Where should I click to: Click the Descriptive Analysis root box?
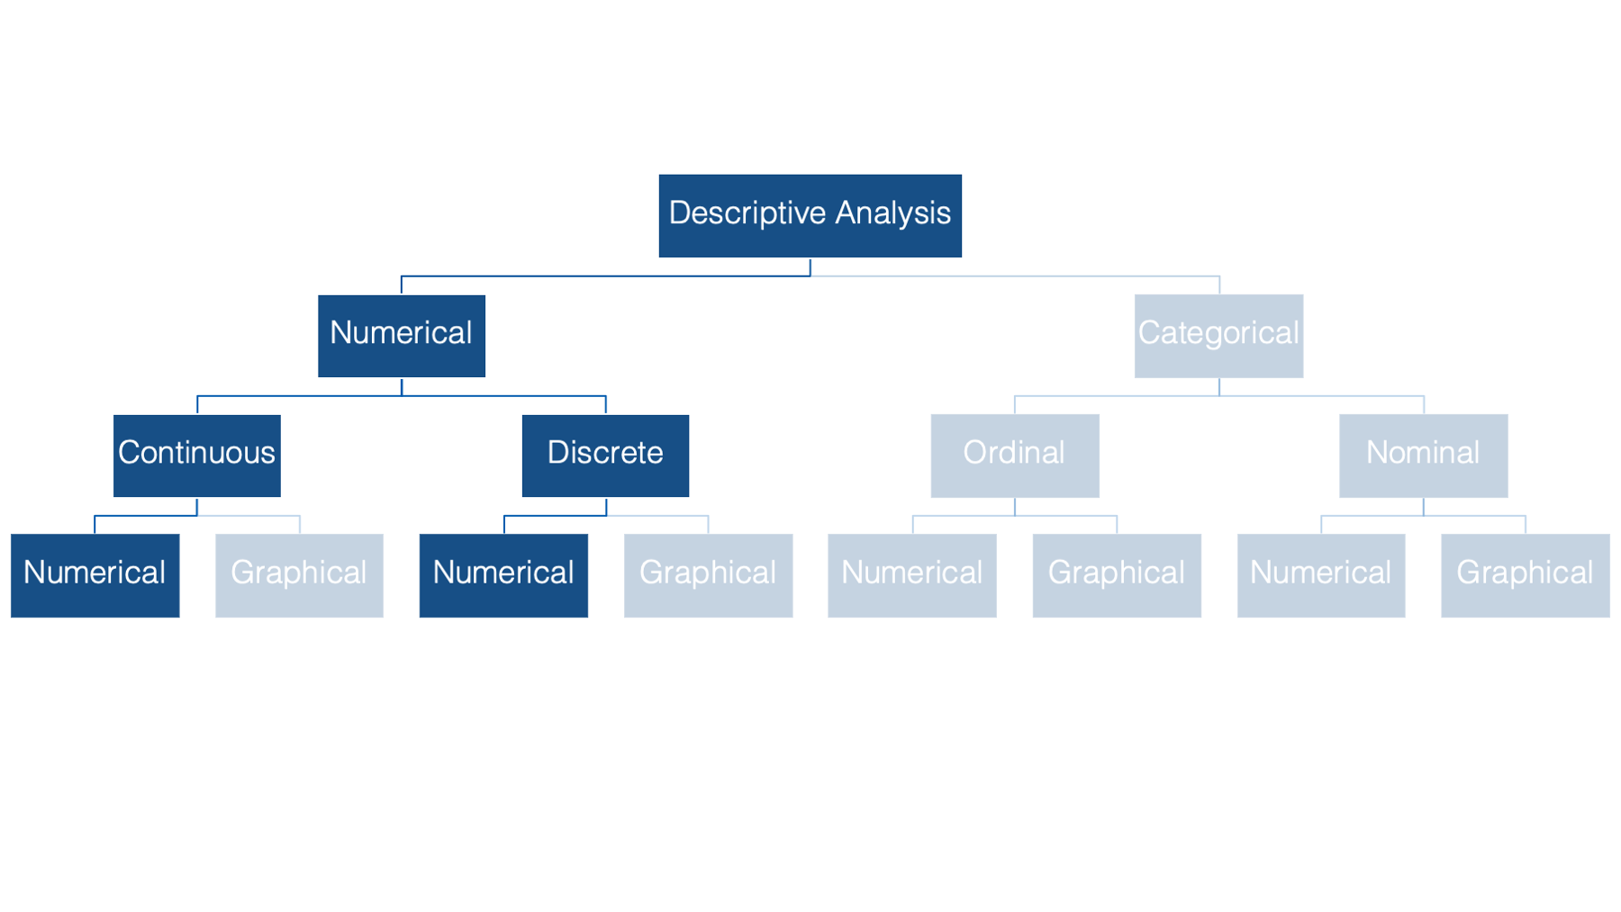(810, 216)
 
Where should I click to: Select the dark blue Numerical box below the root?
(402, 336)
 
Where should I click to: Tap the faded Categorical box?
(1218, 336)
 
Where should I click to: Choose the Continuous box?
(197, 456)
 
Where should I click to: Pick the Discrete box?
(605, 456)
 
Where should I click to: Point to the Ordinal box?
(1015, 456)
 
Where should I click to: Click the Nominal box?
(1423, 456)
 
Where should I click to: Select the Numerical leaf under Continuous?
(95, 575)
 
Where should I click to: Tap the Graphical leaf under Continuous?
(299, 575)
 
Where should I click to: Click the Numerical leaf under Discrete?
(503, 575)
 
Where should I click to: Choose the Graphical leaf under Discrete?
(708, 575)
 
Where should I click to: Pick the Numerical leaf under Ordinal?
(912, 575)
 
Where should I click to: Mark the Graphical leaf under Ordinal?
(1117, 575)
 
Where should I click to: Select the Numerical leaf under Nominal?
(1321, 575)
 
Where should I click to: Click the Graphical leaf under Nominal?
(1526, 575)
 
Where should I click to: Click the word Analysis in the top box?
(892, 214)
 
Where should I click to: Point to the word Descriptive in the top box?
(747, 214)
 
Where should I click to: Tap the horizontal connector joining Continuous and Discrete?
(402, 396)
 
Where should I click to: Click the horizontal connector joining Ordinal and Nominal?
(1219, 396)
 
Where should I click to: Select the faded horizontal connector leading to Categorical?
(1016, 276)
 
